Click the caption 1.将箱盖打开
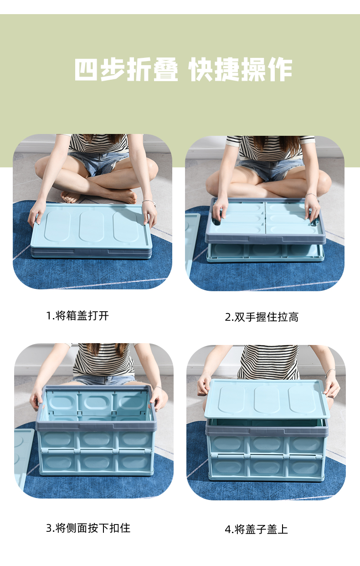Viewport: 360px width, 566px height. click(x=77, y=316)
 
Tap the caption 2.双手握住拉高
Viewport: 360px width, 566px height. click(x=262, y=317)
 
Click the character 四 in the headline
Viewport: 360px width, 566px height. click(x=86, y=69)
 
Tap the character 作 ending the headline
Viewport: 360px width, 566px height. click(x=280, y=69)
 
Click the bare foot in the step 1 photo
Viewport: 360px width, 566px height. click(x=71, y=196)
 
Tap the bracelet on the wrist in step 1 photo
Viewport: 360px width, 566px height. click(x=149, y=202)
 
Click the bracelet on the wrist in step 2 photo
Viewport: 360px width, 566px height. click(x=312, y=196)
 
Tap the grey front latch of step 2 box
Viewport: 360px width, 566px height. click(x=265, y=239)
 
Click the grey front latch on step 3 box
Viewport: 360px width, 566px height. click(x=97, y=427)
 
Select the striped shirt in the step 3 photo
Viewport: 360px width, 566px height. click(x=103, y=359)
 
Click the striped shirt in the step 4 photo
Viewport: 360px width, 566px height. click(x=268, y=362)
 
